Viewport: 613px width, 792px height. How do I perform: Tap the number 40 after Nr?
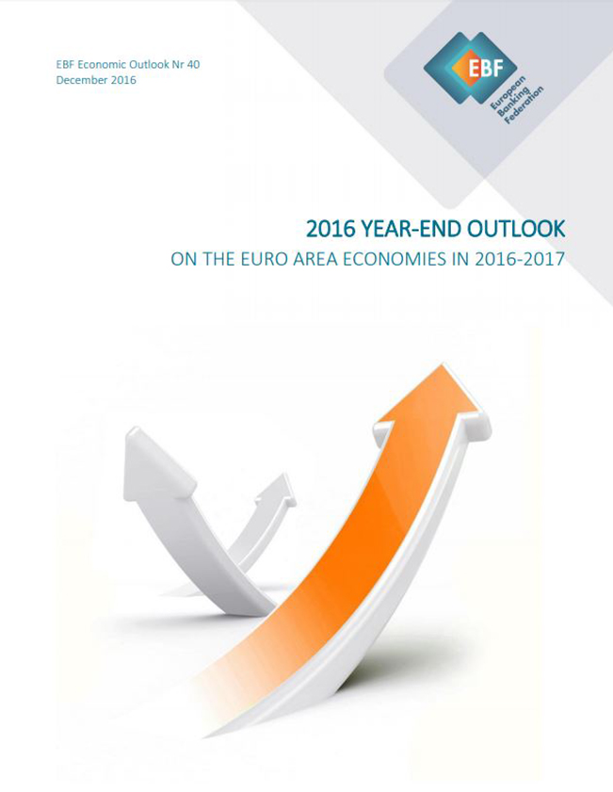(193, 65)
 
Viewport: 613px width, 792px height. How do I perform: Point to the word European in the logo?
(509, 94)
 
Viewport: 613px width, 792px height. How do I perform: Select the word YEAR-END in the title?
(412, 230)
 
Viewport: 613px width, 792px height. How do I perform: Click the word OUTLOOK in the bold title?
(516, 230)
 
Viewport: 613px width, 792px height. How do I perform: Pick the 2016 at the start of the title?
(331, 230)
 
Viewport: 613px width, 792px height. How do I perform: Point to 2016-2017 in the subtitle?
(520, 259)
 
